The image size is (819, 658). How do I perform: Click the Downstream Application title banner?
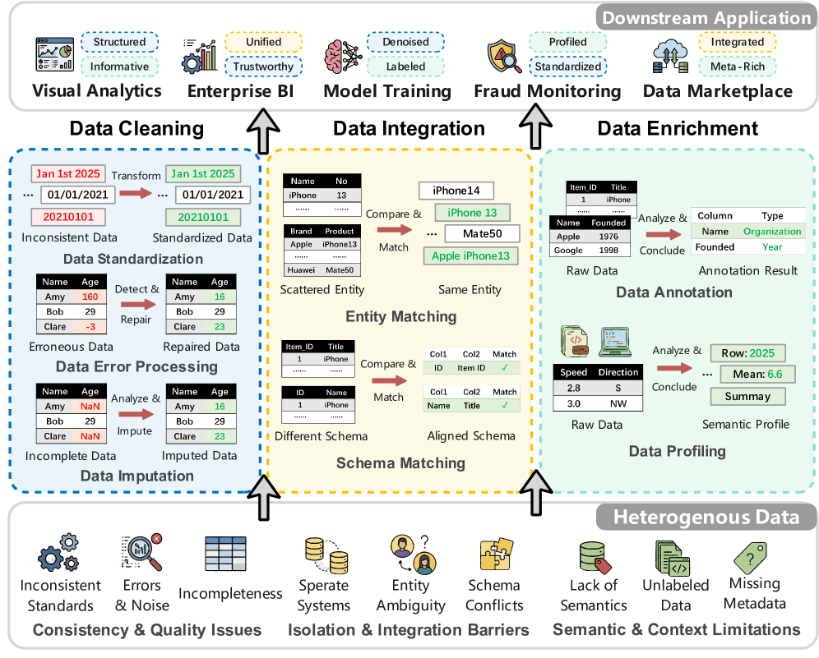(706, 18)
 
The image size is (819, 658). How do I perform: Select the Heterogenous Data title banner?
(706, 517)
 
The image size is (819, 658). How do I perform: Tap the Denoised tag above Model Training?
(405, 41)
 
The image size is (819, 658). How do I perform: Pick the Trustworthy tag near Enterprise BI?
(263, 67)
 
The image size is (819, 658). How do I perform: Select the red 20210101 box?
(67, 218)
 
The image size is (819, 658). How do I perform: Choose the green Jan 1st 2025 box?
(202, 173)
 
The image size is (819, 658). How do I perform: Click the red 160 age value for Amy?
(90, 297)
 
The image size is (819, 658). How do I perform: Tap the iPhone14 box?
(456, 191)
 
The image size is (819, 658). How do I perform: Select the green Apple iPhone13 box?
(470, 255)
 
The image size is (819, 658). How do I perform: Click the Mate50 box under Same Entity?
(482, 234)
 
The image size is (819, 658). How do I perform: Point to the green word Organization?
(772, 232)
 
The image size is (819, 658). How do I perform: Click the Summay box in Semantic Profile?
(747, 396)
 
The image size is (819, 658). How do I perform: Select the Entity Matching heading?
(401, 316)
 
